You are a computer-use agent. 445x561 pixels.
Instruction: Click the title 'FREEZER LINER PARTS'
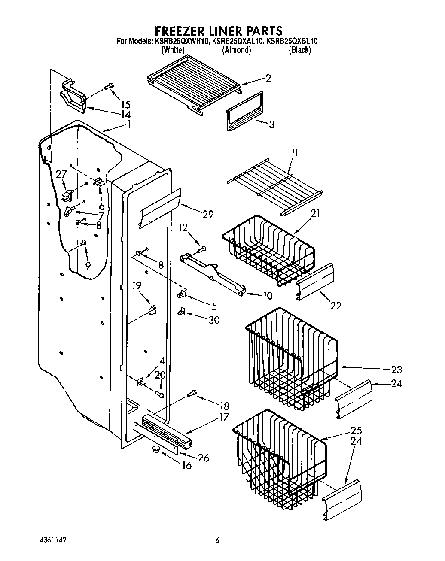click(x=218, y=31)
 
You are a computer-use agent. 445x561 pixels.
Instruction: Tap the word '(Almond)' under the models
click(x=236, y=50)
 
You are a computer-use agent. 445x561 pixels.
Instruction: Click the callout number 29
click(x=208, y=215)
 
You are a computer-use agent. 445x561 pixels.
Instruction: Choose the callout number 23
click(x=396, y=370)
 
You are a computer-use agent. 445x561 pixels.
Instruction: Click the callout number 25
click(x=356, y=431)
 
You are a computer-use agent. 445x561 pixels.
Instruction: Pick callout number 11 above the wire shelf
click(x=294, y=152)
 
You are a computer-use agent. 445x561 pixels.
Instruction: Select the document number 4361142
click(x=51, y=539)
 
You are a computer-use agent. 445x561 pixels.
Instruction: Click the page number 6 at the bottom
click(x=218, y=541)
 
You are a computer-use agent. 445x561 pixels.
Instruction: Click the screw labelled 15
click(x=109, y=86)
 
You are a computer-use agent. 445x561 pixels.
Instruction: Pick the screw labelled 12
click(x=202, y=249)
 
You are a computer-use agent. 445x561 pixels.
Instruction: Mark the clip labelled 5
click(x=181, y=294)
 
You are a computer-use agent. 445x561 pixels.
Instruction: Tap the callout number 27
click(x=61, y=174)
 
